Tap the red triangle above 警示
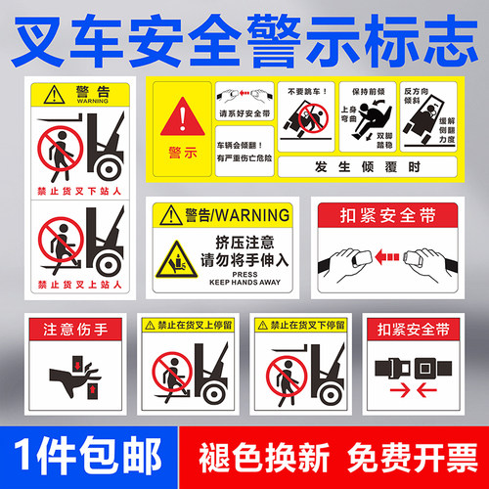pos(180,120)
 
